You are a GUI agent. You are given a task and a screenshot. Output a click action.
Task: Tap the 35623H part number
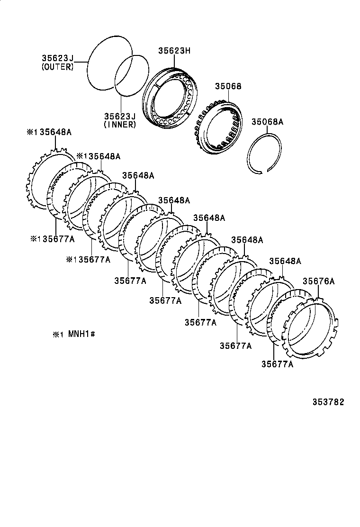pyautogui.click(x=174, y=50)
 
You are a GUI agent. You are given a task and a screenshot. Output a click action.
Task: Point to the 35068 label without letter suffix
pyautogui.click(x=228, y=87)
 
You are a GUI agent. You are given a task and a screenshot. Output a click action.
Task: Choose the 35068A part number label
pyautogui.click(x=267, y=122)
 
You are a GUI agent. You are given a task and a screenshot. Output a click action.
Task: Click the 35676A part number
pyautogui.click(x=318, y=281)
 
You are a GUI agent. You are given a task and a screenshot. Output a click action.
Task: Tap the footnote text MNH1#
pyautogui.click(x=82, y=334)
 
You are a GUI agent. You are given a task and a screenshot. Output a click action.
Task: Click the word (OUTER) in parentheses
pyautogui.click(x=57, y=67)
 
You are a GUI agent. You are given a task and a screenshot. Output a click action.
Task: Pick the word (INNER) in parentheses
pyautogui.click(x=120, y=125)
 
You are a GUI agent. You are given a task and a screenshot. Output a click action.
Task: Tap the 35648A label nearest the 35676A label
pyautogui.click(x=285, y=261)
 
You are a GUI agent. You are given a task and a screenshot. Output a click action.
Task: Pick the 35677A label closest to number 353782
pyautogui.click(x=277, y=364)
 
